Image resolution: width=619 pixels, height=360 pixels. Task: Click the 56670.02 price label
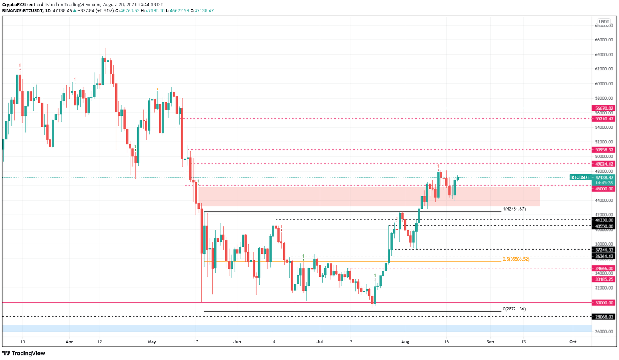point(603,108)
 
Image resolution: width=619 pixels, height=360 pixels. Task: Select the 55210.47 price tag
point(603,119)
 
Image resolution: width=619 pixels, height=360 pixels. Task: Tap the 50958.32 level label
point(603,150)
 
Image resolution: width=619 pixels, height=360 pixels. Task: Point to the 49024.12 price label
point(603,164)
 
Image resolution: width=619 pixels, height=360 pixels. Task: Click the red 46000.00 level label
point(603,189)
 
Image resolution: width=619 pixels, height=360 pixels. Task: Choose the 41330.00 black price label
point(603,220)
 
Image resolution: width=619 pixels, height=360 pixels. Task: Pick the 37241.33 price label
point(603,250)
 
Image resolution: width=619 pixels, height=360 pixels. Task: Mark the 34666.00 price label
point(603,269)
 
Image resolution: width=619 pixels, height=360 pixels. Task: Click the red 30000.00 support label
point(603,303)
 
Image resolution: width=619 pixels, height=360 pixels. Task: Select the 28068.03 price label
point(603,317)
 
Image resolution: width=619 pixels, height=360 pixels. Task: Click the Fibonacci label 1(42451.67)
point(514,209)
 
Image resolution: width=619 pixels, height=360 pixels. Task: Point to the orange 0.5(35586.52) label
point(516,259)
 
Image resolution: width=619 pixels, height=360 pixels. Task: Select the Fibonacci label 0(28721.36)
point(514,309)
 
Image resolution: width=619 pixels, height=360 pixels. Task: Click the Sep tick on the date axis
point(490,342)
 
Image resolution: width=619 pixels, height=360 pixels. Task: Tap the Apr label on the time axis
point(69,342)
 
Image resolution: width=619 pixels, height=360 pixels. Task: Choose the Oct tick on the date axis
point(573,342)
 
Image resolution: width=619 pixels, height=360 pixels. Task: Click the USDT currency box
point(604,22)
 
